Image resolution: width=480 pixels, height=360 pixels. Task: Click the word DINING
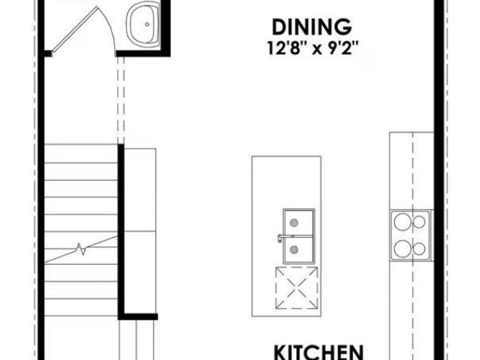pyautogui.click(x=311, y=27)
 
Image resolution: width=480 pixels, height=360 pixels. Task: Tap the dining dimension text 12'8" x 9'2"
pyautogui.click(x=313, y=48)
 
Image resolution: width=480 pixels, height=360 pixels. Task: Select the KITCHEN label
pyautogui.click(x=319, y=352)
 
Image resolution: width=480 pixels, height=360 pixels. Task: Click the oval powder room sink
pyautogui.click(x=143, y=25)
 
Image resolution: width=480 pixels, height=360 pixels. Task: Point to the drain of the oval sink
pyautogui.click(x=147, y=24)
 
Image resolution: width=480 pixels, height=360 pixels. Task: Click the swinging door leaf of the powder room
pyautogui.click(x=76, y=29)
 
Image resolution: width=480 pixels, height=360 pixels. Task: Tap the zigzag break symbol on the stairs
pyautogui.click(x=82, y=249)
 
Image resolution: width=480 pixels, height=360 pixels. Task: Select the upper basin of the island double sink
pyautogui.click(x=299, y=222)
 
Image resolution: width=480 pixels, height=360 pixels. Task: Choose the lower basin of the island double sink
pyautogui.click(x=299, y=250)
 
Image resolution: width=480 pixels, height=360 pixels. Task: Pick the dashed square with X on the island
pyautogui.click(x=297, y=288)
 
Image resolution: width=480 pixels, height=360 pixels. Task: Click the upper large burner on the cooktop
pyautogui.click(x=402, y=222)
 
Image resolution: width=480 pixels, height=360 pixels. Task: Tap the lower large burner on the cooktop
pyautogui.click(x=402, y=249)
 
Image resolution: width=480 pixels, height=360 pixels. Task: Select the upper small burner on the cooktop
pyautogui.click(x=419, y=222)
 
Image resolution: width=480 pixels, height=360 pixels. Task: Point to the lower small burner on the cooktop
pyautogui.click(x=419, y=249)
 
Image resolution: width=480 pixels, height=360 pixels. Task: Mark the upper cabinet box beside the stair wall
pyautogui.click(x=140, y=190)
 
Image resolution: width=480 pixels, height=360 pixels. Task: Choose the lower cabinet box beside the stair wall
pyautogui.click(x=140, y=273)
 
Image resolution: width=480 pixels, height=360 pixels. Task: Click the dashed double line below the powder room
pyautogui.click(x=121, y=100)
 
